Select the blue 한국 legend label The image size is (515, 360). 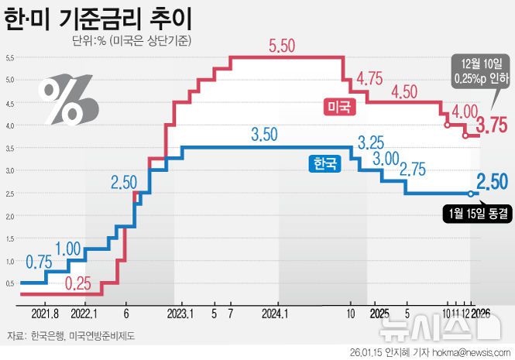[x=324, y=163]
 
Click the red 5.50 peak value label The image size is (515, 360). [x=282, y=46]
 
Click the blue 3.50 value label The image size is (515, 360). [x=264, y=135]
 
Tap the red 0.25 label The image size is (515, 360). [x=78, y=283]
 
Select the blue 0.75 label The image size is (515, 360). [x=39, y=262]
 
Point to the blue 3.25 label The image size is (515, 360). [x=373, y=142]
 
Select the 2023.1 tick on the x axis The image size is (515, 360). [x=180, y=314]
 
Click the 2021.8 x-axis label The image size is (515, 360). [x=46, y=314]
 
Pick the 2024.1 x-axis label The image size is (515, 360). [x=275, y=314]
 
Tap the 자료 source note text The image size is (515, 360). [x=70, y=336]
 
